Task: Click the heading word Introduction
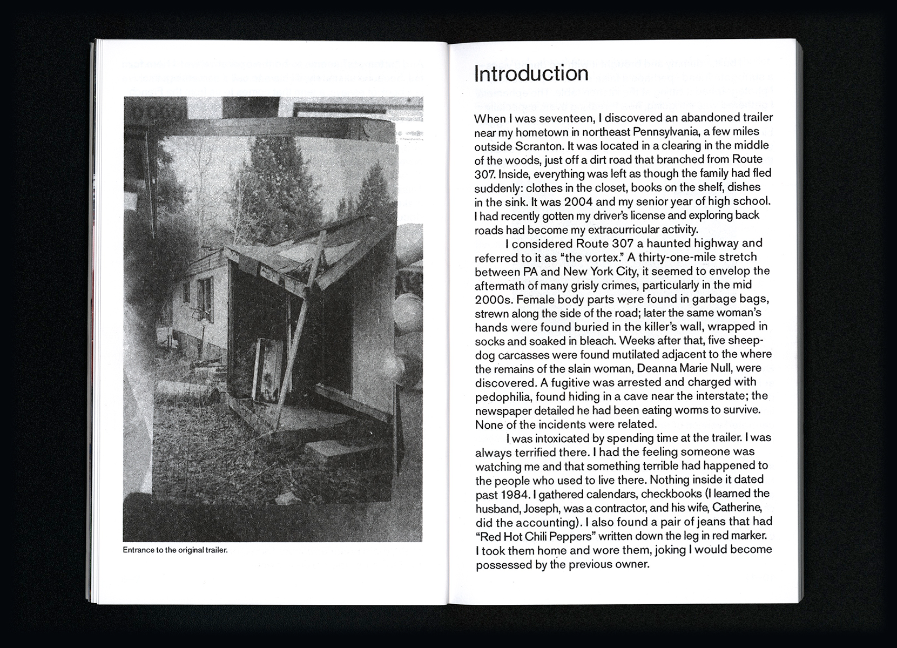531,74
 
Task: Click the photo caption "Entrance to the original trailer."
176,551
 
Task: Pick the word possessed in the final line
500,565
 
